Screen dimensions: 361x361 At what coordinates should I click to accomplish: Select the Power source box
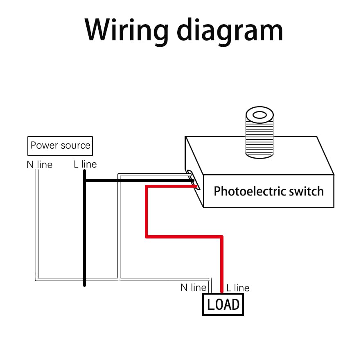(60, 146)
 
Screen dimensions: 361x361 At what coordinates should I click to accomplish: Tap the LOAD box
(223, 304)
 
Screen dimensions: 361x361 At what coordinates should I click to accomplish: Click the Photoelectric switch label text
(268, 191)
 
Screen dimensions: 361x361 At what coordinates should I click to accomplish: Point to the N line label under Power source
(40, 165)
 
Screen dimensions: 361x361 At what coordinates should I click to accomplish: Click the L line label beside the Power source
(86, 164)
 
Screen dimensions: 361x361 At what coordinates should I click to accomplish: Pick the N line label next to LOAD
(193, 288)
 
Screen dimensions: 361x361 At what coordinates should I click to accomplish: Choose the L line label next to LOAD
(238, 288)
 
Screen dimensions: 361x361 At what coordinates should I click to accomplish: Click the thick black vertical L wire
(84, 229)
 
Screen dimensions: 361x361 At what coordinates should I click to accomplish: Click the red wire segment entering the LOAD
(222, 266)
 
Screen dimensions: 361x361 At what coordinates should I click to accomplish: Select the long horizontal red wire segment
(184, 236)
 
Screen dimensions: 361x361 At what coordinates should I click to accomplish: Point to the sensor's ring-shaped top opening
(259, 114)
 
